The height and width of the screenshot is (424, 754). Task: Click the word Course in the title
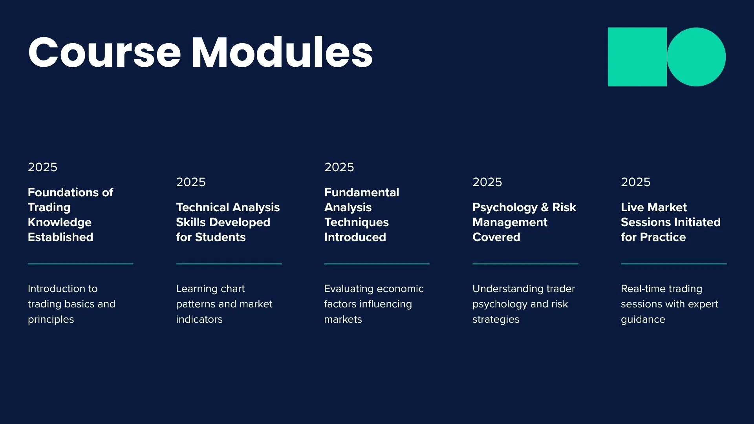tap(104, 53)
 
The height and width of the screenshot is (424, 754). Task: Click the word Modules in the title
tap(282, 53)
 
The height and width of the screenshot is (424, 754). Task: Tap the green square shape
tap(637, 57)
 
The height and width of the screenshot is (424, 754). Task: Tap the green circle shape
tap(696, 57)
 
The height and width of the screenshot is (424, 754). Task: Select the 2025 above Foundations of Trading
tap(42, 167)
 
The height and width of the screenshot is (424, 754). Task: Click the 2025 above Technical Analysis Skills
tap(190, 182)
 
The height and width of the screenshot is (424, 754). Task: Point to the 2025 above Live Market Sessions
tap(635, 182)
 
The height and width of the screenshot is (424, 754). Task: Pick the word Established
tap(60, 237)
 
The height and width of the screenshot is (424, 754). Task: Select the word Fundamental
tap(362, 192)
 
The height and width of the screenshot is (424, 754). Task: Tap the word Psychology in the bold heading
tap(505, 207)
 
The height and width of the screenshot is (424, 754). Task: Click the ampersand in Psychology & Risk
tap(545, 207)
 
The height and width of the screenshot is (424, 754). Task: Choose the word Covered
tap(496, 237)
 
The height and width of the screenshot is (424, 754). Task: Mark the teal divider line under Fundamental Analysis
tap(377, 264)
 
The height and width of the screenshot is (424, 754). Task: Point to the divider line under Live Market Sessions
tap(673, 264)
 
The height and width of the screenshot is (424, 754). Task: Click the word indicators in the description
tap(199, 320)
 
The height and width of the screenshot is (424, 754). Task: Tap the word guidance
tap(643, 320)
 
